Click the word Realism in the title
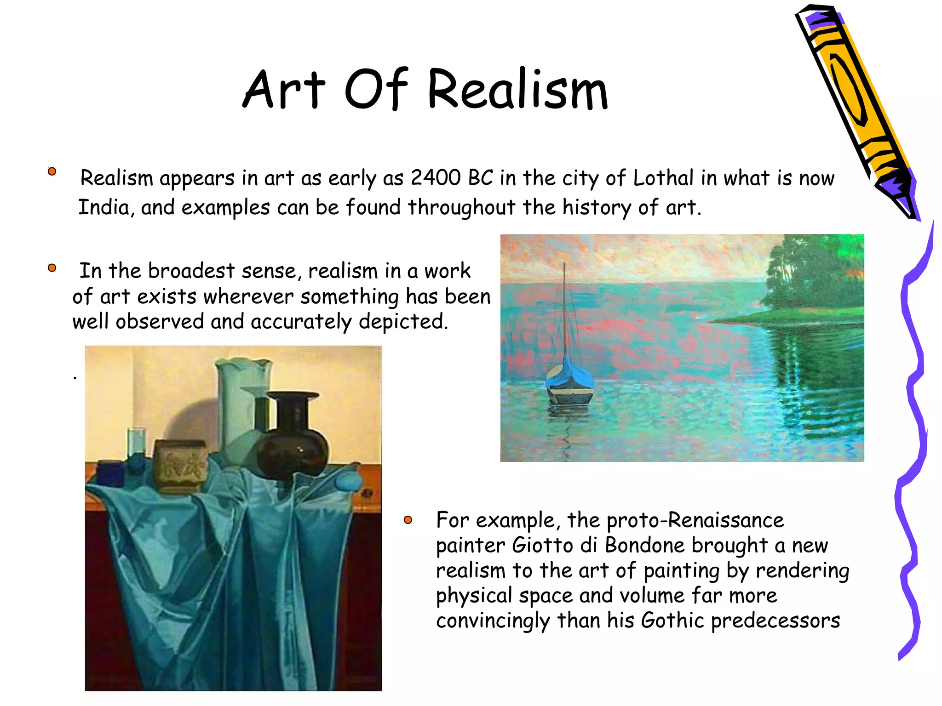point(517,90)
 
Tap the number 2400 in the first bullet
point(435,178)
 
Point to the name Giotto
point(543,546)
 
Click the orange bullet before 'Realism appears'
point(52,171)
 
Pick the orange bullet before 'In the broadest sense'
point(52,268)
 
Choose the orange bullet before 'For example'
point(408,520)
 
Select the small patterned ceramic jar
point(180,464)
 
